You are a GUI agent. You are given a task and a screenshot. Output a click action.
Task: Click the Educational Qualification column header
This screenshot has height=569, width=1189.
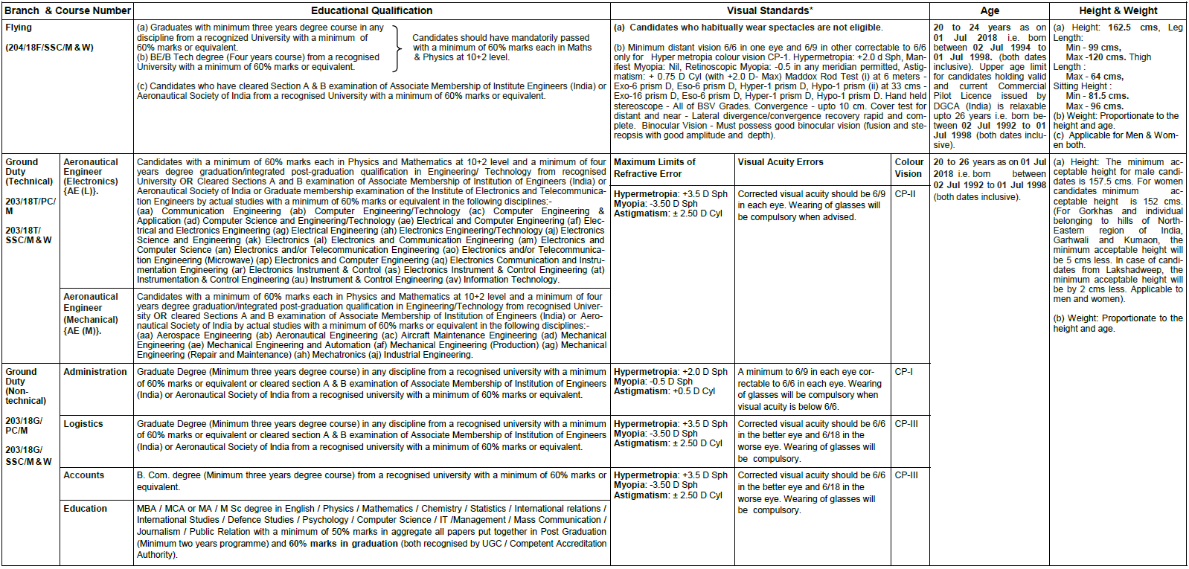tap(371, 10)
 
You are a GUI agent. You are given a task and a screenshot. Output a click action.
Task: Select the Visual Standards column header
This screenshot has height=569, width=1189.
tap(769, 10)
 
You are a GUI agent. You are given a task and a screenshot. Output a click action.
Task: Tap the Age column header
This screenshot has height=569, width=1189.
tap(990, 10)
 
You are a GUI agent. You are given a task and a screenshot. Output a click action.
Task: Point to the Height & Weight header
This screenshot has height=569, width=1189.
tap(1118, 10)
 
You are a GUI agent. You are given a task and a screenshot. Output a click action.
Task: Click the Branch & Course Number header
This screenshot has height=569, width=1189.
tap(67, 10)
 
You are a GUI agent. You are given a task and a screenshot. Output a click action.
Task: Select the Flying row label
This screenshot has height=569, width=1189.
tap(19, 28)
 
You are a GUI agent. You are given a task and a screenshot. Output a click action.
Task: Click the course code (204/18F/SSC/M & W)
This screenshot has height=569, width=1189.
tap(49, 48)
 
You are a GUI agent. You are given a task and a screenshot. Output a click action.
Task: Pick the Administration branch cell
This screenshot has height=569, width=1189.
tap(95, 372)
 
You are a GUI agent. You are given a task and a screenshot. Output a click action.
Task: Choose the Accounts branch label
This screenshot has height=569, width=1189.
tap(84, 475)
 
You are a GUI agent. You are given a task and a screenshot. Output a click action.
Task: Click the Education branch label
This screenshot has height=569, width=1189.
tap(86, 509)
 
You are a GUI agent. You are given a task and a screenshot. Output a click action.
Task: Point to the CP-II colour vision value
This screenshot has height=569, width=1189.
tap(905, 194)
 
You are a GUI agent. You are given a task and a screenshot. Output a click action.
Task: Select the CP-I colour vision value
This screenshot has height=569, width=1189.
tap(903, 372)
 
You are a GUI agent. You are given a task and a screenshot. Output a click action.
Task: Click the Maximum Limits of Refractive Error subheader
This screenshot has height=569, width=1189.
tap(654, 168)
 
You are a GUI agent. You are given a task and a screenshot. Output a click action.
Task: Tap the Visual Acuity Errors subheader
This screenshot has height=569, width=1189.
tap(781, 162)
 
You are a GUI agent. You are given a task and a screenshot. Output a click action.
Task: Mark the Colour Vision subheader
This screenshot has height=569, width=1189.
tap(908, 168)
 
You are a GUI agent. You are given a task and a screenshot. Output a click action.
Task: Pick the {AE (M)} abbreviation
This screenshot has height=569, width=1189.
tap(82, 331)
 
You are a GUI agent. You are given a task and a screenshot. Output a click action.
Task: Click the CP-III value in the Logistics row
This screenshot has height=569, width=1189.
tap(906, 424)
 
